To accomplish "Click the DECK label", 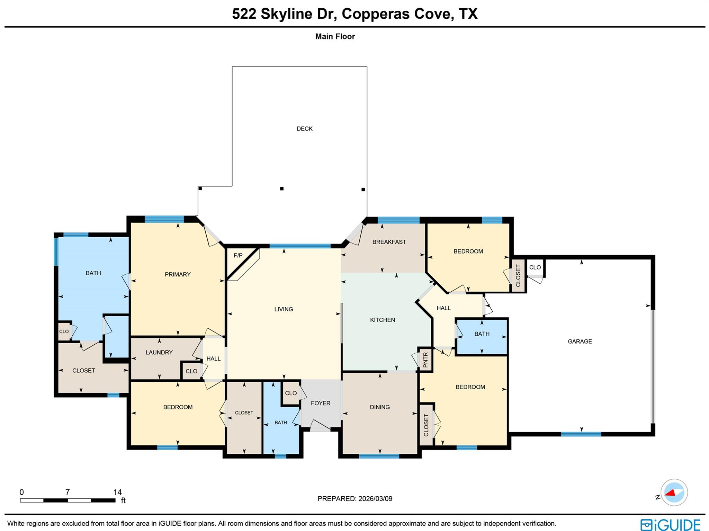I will (304, 129).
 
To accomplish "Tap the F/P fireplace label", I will (238, 256).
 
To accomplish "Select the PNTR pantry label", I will (425, 360).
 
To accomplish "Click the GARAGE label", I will (580, 341).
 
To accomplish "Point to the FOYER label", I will (320, 403).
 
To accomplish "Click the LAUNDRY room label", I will (159, 352).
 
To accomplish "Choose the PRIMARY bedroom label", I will (178, 274).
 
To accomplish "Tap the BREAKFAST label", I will (389, 242).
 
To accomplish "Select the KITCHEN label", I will (382, 320).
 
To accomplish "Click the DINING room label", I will (380, 407).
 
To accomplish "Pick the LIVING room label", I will (284, 309).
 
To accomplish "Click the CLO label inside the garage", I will (535, 267).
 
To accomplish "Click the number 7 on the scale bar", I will (68, 492).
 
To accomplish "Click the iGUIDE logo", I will (670, 524).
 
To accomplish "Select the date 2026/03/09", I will (375, 499).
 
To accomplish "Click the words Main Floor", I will (335, 36).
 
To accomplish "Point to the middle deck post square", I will (282, 188).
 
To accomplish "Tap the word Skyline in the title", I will (286, 14).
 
